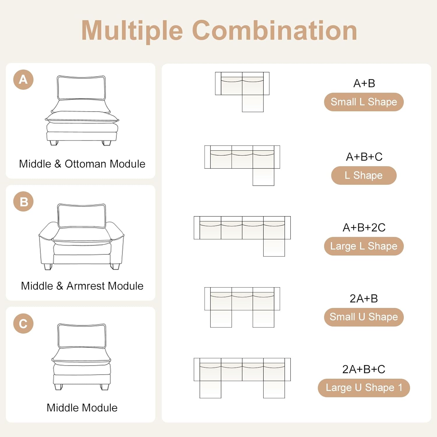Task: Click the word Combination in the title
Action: [274, 30]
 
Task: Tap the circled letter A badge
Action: [23, 80]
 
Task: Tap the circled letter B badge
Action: [23, 202]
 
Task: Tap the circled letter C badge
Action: [23, 323]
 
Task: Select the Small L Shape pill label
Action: [364, 102]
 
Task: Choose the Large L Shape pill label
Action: [364, 246]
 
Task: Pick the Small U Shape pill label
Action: [364, 317]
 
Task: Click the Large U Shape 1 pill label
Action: [364, 388]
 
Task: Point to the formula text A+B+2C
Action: [364, 228]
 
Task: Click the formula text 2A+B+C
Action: [364, 369]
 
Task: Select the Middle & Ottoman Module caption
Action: [82, 164]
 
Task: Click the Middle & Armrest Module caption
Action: [82, 286]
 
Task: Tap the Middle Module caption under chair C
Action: [82, 408]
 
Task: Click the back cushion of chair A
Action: [81, 88]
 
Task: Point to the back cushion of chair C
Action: [82, 336]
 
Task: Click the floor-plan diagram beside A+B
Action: [242, 92]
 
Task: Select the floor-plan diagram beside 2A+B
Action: [242, 307]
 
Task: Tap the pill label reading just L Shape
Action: [364, 175]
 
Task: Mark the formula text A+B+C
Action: [364, 157]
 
